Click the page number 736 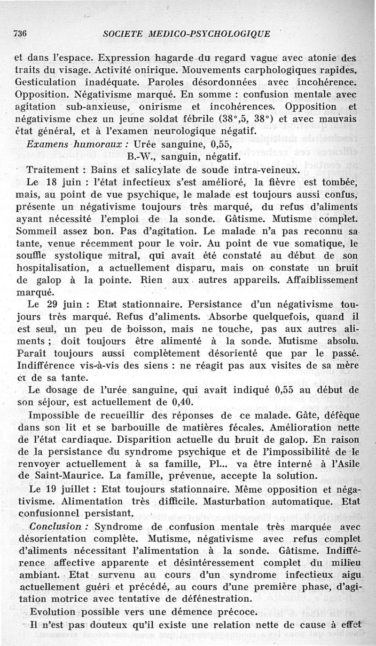coord(19,33)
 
